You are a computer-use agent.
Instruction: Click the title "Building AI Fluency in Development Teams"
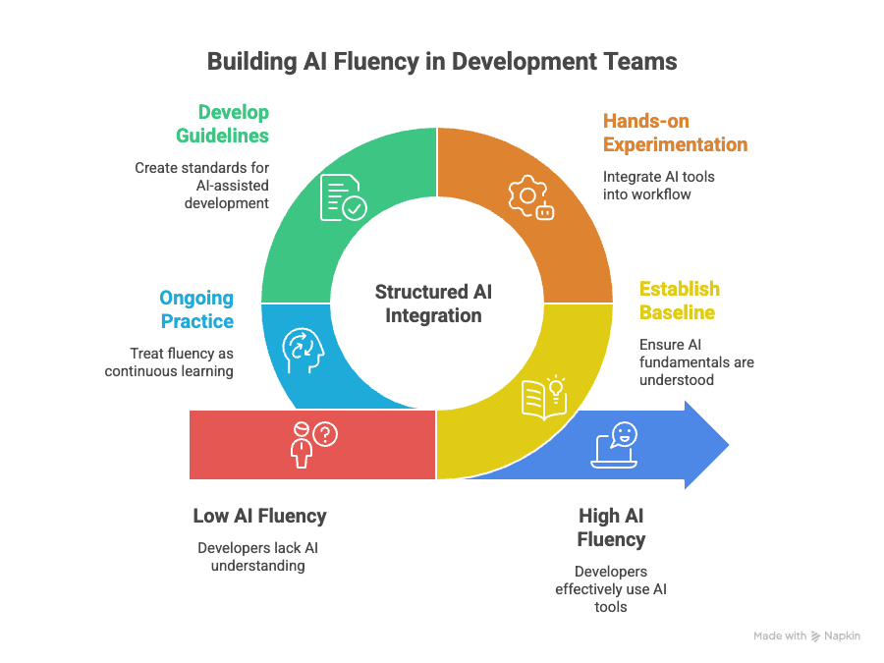pos(442,62)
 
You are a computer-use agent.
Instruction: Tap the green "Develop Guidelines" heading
pos(223,124)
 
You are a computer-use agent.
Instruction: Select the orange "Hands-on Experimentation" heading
pos(675,133)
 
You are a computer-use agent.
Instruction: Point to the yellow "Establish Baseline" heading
pos(680,301)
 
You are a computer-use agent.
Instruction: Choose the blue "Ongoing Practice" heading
pos(196,309)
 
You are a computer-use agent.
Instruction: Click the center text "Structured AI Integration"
pos(433,304)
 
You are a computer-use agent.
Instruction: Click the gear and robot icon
pos(531,197)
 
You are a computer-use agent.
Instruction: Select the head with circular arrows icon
pos(304,350)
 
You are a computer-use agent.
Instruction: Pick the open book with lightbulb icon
pos(544,398)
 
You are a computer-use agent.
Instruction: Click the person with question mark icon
pos(314,444)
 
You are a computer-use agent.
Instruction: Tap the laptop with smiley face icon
pos(614,445)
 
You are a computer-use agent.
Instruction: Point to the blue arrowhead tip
pos(729,445)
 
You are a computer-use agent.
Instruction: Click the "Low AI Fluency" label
pos(260,516)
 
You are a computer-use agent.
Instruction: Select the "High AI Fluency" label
pos(611,527)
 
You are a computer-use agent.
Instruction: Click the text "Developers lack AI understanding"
pos(258,557)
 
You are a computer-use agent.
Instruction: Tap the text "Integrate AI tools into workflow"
pos(658,186)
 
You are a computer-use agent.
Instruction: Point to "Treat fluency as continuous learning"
pos(169,361)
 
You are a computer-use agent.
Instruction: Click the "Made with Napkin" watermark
pos(806,635)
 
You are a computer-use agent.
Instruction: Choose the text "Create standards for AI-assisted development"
pos(201,186)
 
